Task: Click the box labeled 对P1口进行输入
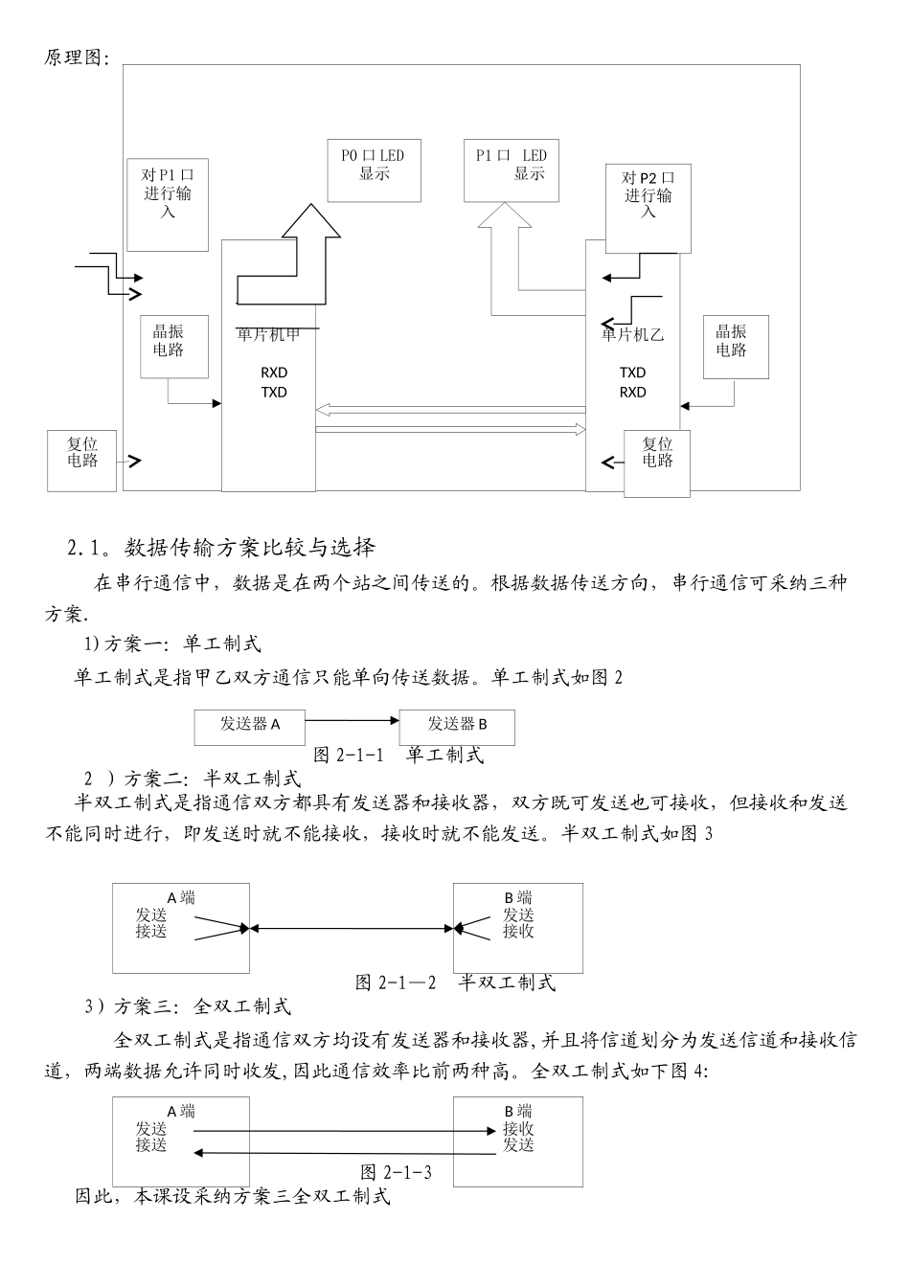(168, 205)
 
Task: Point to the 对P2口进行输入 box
(648, 207)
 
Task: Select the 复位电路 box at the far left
(82, 460)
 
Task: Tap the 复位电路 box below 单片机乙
(656, 463)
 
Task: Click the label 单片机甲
(268, 334)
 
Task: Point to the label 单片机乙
(632, 335)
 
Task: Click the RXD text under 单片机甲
(274, 373)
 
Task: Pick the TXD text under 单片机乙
(632, 373)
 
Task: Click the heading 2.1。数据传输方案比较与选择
(221, 549)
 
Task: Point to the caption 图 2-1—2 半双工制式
(455, 982)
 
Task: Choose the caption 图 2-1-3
(396, 1172)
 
